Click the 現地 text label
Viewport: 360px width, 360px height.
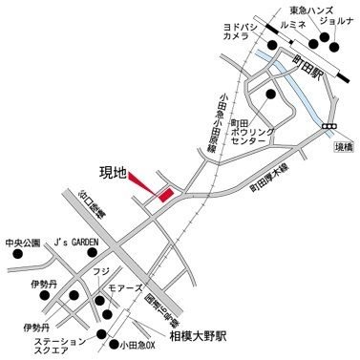113,172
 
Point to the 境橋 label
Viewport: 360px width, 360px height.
341,147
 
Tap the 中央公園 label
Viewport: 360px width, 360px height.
23,243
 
